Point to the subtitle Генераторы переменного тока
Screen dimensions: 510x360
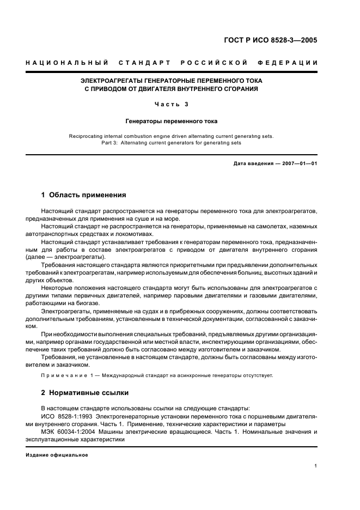(172, 122)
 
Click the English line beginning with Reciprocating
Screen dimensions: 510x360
(172, 136)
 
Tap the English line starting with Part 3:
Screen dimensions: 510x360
(172, 143)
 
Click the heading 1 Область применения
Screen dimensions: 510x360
(84, 195)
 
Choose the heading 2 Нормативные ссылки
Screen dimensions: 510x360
(86, 392)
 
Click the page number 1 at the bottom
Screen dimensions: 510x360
(316, 466)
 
